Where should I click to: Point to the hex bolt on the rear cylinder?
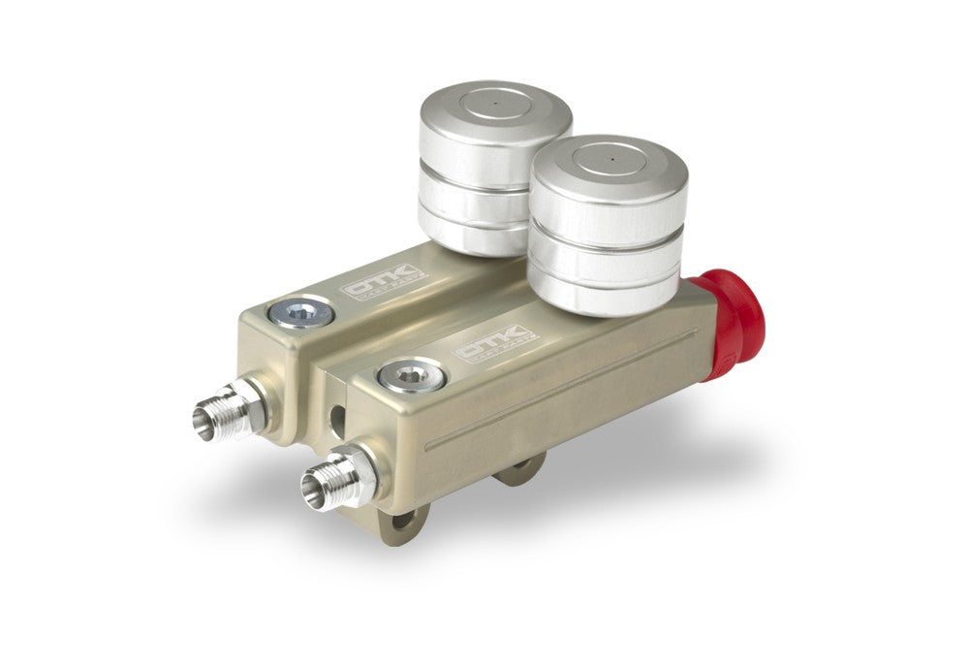click(x=302, y=312)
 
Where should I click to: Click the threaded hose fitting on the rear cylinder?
click(x=231, y=411)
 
